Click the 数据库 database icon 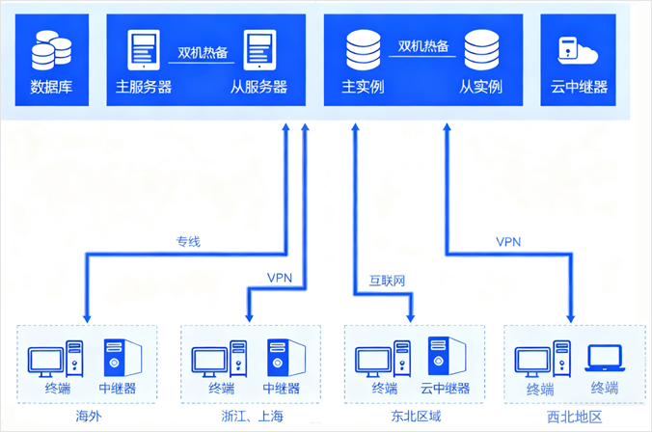coord(50,51)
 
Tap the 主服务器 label coord(144,87)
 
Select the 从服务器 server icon coord(259,50)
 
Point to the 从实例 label coord(480,87)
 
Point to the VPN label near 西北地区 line coord(508,241)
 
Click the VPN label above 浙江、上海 coord(280,279)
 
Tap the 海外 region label coord(88,417)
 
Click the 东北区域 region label coord(416,417)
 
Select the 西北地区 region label coord(574,417)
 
